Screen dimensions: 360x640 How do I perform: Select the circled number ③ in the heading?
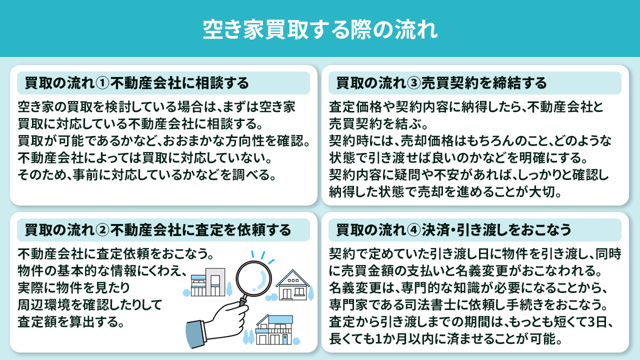tap(413, 82)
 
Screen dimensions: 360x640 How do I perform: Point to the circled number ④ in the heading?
tap(413, 230)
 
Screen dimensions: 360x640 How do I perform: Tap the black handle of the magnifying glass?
tap(243, 301)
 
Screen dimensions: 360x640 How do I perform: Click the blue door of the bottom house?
tap(284, 339)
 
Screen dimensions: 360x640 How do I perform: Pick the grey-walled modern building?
tap(209, 283)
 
